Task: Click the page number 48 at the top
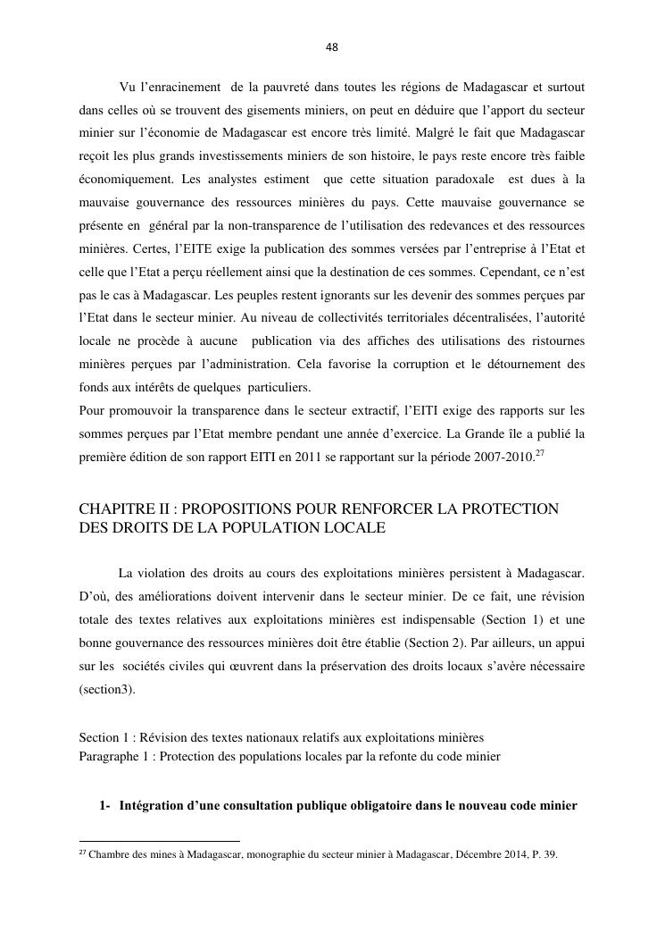332,47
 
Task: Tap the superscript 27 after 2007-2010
540,452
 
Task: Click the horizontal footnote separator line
160,841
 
